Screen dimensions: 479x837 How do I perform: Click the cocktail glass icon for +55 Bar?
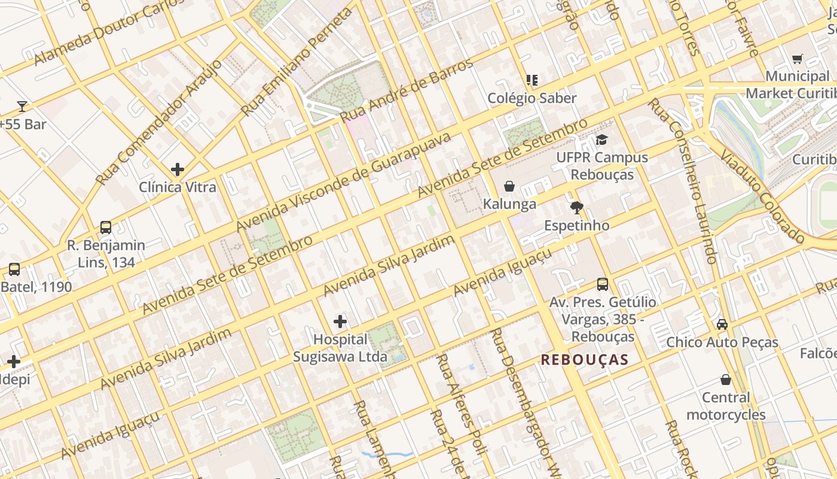click(22, 107)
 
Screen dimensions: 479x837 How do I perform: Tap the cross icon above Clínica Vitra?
click(178, 169)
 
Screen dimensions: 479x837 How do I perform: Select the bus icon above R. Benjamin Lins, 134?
click(106, 228)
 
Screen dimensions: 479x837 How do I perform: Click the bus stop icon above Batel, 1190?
click(14, 269)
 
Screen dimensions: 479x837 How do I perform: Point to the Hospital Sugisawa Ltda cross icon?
click(340, 322)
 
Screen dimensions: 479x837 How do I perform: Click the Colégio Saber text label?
click(532, 98)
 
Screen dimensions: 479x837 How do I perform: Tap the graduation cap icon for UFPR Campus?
click(601, 140)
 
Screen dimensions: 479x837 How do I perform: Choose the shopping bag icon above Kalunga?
click(509, 186)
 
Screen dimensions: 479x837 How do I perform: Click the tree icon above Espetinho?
click(577, 208)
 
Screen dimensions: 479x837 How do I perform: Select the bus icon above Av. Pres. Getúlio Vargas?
click(603, 284)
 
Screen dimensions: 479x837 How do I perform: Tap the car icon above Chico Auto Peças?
click(722, 325)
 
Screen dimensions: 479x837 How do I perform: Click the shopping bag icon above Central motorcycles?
click(726, 380)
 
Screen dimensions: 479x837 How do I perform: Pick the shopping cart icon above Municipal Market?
click(797, 59)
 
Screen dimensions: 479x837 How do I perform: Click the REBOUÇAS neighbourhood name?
click(585, 360)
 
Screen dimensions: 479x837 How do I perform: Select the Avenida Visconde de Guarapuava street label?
click(344, 182)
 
